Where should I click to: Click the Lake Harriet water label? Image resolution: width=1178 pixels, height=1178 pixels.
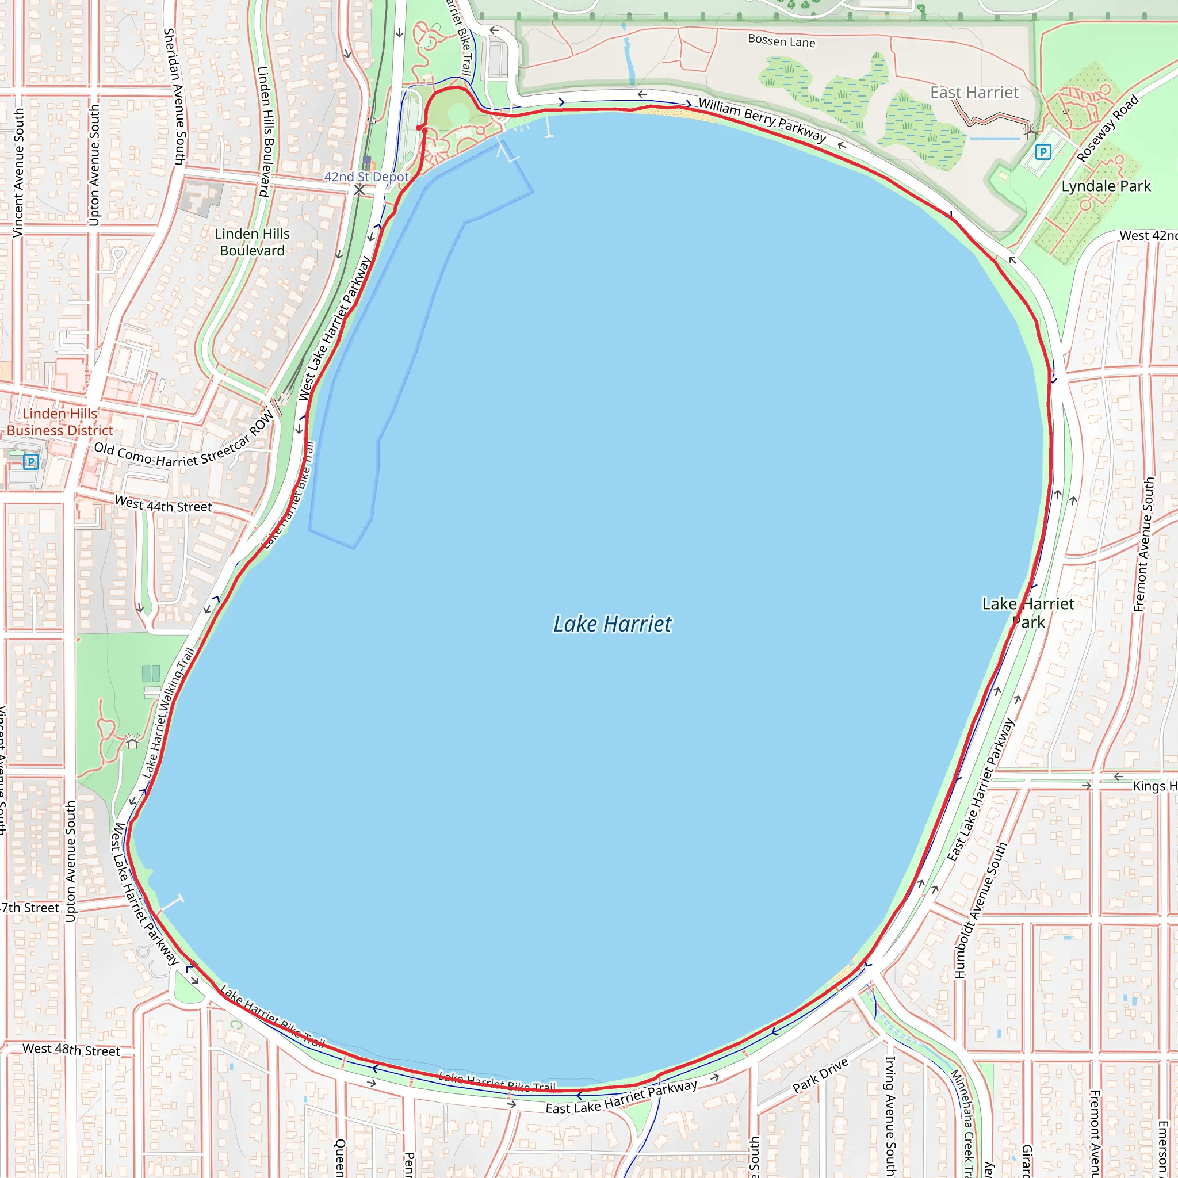(x=612, y=624)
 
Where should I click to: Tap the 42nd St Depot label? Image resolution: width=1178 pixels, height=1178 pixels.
(x=366, y=177)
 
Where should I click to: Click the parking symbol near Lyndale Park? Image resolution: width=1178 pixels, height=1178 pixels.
(x=1043, y=152)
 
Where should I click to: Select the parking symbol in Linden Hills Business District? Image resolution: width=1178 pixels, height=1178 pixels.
(x=31, y=461)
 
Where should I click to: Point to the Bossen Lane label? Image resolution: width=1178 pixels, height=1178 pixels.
(x=781, y=41)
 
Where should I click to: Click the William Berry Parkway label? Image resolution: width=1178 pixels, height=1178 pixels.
(x=762, y=120)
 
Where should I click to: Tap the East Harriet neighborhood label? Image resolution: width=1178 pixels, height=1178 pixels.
(x=974, y=93)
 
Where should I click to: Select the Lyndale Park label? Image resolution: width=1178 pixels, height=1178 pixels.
(x=1106, y=186)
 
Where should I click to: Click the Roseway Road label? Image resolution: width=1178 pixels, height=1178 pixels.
(x=1107, y=129)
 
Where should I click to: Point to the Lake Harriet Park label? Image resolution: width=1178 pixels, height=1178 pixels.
(x=1028, y=613)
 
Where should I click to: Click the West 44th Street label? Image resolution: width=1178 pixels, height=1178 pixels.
(x=163, y=504)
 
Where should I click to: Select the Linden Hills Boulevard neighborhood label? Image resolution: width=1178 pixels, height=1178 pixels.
(x=253, y=242)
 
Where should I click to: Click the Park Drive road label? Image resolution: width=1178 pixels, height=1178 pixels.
(x=820, y=1076)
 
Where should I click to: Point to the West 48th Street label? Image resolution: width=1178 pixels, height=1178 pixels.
(x=71, y=1049)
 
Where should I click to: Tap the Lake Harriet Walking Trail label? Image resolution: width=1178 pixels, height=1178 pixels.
(x=169, y=712)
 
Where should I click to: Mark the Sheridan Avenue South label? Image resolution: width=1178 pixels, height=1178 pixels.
(x=174, y=96)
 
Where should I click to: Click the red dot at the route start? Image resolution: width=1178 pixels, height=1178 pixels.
(x=419, y=128)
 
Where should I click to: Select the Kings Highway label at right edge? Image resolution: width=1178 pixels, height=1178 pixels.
(x=1154, y=786)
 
